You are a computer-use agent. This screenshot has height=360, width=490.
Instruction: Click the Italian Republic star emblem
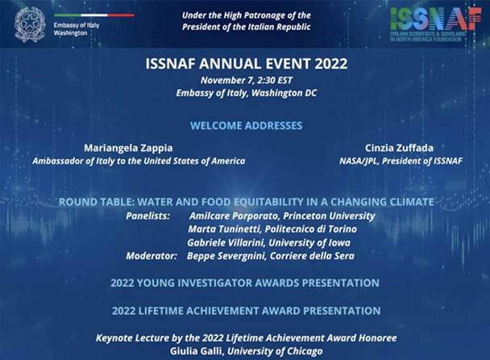click(30, 24)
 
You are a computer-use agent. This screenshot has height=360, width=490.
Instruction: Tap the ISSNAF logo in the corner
click(436, 24)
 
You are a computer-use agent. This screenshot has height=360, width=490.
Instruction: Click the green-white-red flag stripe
click(94, 15)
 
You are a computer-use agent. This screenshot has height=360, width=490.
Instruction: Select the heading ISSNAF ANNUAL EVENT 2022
click(247, 64)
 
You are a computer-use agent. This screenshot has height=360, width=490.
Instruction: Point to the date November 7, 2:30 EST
click(247, 81)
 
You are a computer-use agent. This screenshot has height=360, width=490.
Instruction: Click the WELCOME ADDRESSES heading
click(247, 126)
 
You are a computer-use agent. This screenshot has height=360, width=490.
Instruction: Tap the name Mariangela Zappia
click(128, 148)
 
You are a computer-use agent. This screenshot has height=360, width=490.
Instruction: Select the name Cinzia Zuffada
click(399, 147)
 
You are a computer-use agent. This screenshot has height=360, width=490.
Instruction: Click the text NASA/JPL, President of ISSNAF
click(401, 161)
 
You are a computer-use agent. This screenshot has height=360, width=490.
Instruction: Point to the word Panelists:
click(147, 216)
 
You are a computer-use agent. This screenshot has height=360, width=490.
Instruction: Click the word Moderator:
click(152, 256)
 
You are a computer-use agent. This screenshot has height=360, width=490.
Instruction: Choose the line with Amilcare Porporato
click(282, 216)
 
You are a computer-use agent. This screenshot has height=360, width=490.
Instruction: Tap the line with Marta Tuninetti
click(272, 230)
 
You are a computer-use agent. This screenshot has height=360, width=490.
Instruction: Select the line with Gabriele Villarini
click(268, 242)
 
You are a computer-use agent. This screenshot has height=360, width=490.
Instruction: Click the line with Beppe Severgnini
click(271, 256)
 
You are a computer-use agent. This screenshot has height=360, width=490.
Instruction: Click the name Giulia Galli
click(197, 351)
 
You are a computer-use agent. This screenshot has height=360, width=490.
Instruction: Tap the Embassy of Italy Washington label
click(77, 29)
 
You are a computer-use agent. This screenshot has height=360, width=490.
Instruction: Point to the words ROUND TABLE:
click(97, 202)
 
